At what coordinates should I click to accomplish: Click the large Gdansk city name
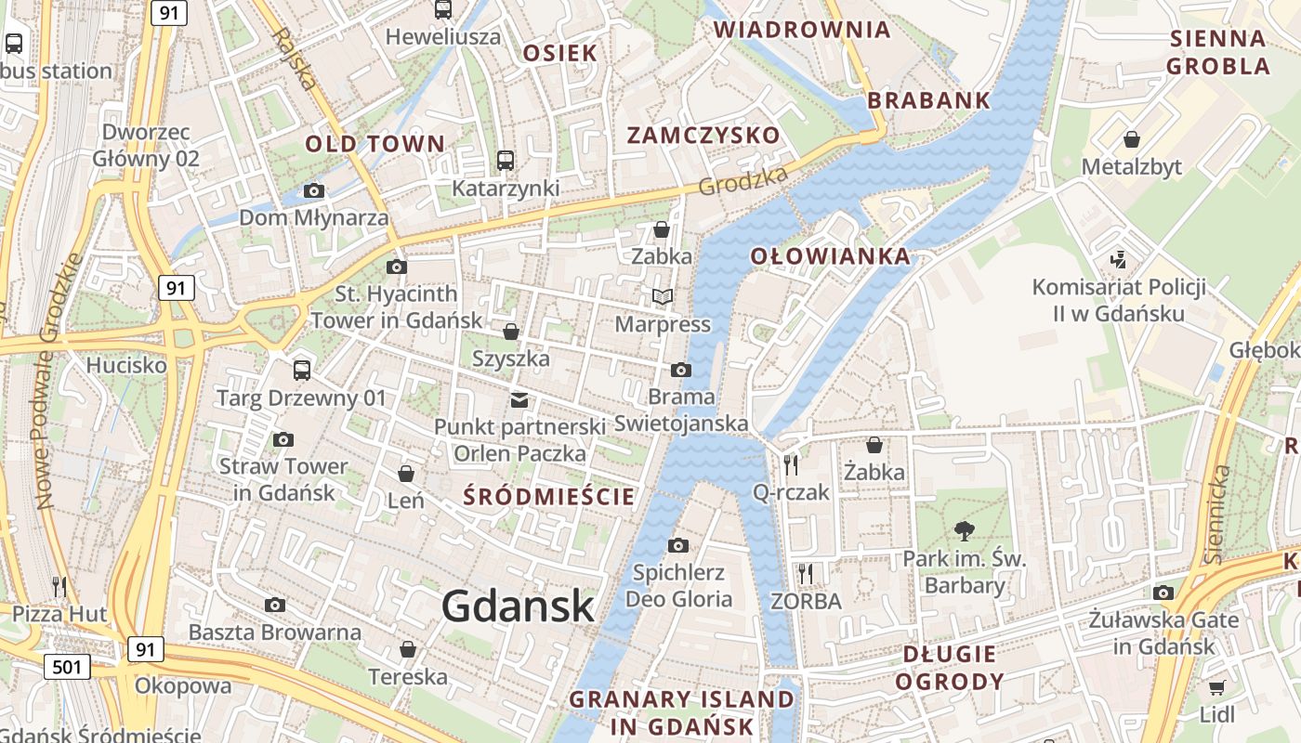click(x=518, y=606)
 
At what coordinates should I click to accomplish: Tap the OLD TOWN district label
click(x=375, y=144)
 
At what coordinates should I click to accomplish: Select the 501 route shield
click(x=67, y=666)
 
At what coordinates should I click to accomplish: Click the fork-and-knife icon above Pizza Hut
click(x=59, y=586)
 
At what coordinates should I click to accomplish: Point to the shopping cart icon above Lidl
click(x=1216, y=687)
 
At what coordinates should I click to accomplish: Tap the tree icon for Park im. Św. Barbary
click(x=965, y=531)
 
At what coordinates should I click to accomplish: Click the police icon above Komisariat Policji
click(x=1119, y=259)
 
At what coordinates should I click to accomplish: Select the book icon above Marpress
click(x=663, y=296)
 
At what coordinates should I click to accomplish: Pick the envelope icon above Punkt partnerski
click(x=519, y=400)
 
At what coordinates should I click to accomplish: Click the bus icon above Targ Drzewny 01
click(x=301, y=370)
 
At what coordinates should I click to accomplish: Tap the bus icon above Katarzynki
click(x=505, y=161)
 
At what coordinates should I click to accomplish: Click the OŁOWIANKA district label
click(x=830, y=256)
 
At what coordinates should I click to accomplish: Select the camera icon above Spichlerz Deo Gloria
click(x=678, y=545)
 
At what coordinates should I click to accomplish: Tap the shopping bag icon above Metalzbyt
click(x=1132, y=139)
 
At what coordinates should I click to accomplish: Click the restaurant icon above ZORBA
click(x=805, y=573)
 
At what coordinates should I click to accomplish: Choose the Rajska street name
click(x=296, y=58)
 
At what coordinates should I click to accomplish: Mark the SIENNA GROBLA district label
click(x=1217, y=52)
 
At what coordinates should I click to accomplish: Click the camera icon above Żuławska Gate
click(x=1163, y=593)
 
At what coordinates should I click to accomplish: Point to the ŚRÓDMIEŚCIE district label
click(x=549, y=496)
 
